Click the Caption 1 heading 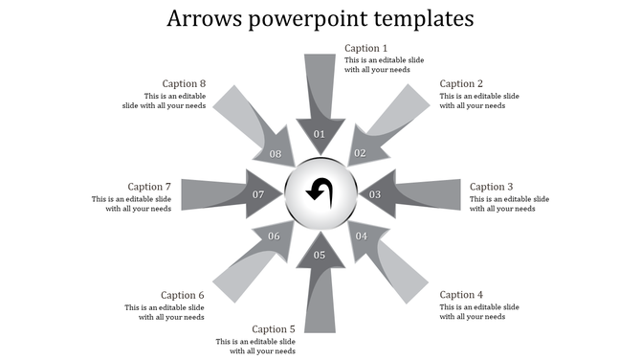(x=365, y=49)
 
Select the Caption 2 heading (x=461, y=84)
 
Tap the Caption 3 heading (x=492, y=187)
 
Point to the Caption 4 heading (x=461, y=295)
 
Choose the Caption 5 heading (x=274, y=329)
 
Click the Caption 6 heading (x=183, y=295)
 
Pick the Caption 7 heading (x=149, y=187)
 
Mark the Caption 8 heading (x=184, y=84)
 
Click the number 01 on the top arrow (x=320, y=134)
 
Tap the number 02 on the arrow (x=361, y=153)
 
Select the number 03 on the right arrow (x=376, y=195)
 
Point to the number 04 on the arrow (x=362, y=236)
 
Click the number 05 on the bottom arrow (x=320, y=255)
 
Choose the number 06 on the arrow (x=275, y=236)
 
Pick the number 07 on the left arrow (x=258, y=195)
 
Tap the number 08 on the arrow (x=276, y=154)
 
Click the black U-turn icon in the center (x=320, y=191)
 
